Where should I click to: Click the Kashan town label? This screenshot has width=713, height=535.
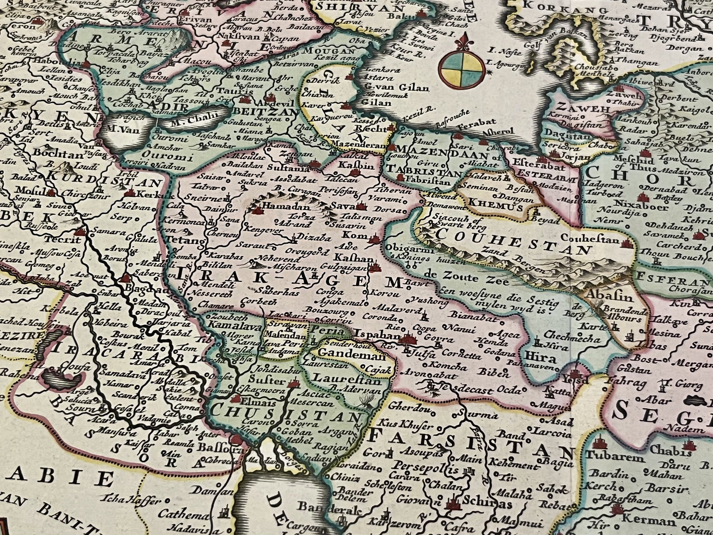coord(351,258)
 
